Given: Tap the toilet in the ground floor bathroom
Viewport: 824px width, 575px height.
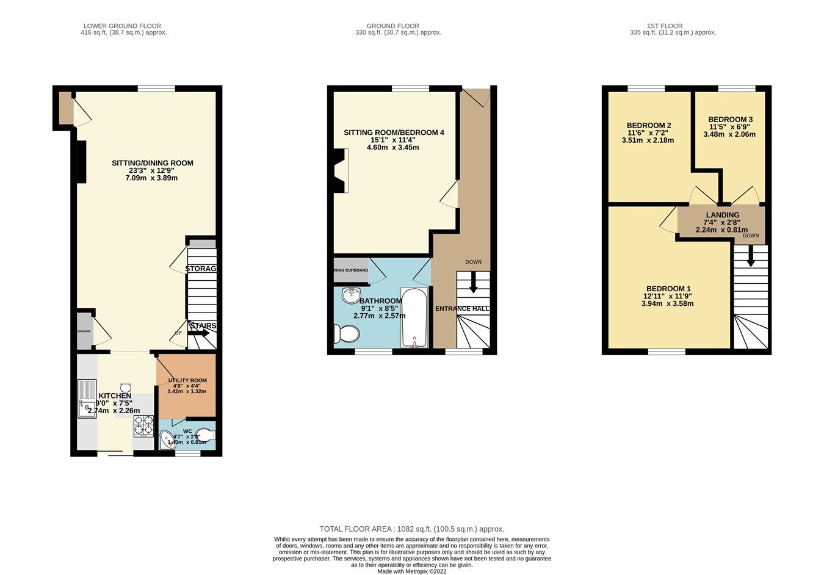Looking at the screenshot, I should click(x=347, y=334).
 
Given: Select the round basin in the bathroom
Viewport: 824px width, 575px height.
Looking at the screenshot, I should click(x=352, y=295).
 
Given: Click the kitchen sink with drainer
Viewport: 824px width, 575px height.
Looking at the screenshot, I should click(x=87, y=399).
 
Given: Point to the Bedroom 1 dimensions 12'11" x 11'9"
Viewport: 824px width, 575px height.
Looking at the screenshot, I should click(x=668, y=296).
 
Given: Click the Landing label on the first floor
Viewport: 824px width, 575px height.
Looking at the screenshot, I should click(x=722, y=215).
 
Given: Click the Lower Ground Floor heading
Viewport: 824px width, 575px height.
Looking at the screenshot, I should click(x=123, y=26).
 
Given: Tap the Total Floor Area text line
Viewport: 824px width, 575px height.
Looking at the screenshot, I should click(x=412, y=529).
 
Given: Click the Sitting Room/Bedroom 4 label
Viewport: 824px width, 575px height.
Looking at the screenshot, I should click(x=394, y=132).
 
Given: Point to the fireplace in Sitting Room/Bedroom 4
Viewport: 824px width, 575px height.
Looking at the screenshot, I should click(x=339, y=171).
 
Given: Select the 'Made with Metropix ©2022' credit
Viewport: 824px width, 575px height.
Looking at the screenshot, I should click(x=412, y=572).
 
